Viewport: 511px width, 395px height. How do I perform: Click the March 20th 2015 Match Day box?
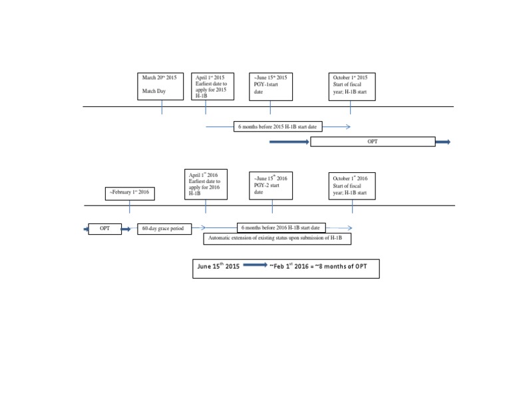click(x=160, y=86)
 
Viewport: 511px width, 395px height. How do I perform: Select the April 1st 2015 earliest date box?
click(x=212, y=86)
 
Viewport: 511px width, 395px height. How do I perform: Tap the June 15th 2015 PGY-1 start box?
click(x=270, y=86)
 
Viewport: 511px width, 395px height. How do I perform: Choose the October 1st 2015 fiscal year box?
click(x=351, y=86)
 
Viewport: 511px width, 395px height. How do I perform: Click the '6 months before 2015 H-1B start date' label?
click(x=277, y=126)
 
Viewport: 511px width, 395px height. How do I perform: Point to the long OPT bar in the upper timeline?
click(x=373, y=142)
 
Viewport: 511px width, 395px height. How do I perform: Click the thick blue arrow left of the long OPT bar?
click(x=289, y=142)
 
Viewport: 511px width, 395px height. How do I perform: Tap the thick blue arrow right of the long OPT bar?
click(x=443, y=142)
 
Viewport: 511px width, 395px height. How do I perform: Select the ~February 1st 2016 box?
click(x=130, y=194)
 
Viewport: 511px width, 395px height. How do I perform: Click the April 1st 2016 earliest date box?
click(x=206, y=184)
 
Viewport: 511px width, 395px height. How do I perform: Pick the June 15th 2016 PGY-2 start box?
click(x=270, y=186)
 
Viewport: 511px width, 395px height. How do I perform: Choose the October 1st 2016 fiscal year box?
click(x=351, y=186)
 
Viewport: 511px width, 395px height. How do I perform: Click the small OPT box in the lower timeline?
click(x=104, y=229)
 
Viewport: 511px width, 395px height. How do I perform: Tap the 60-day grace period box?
click(x=164, y=229)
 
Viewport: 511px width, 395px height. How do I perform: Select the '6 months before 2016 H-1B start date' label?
click(x=281, y=227)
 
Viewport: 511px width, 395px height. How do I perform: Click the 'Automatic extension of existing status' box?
click(x=277, y=238)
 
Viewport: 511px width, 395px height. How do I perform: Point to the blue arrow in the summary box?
click(x=255, y=265)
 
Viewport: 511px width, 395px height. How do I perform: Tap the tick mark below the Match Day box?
click(x=162, y=107)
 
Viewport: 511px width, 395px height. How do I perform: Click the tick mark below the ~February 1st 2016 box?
click(x=130, y=206)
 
